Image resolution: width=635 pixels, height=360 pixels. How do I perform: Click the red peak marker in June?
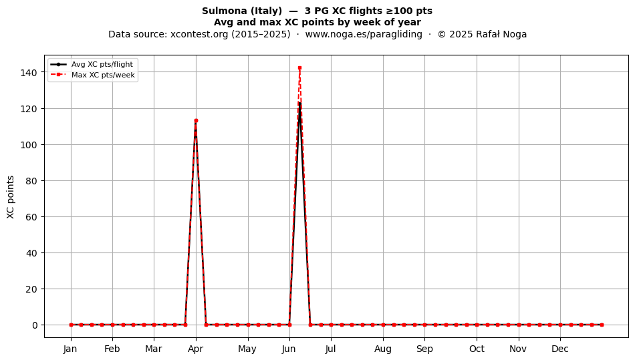coord(299,68)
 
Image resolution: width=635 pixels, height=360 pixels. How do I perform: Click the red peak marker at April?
coord(196,120)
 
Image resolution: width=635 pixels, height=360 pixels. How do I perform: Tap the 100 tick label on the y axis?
coord(29,145)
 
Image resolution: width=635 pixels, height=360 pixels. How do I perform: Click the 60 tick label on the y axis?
coord(31,217)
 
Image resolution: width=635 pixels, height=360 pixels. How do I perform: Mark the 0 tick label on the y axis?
coord(35,325)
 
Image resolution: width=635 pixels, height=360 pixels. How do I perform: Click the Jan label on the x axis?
coord(70,349)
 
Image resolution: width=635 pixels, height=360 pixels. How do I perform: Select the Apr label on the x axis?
coord(196,349)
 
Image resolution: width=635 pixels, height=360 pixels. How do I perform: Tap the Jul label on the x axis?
coord(331,349)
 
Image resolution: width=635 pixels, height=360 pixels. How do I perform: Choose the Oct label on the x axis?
coord(477,349)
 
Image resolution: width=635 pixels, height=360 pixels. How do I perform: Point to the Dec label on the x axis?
coord(560,349)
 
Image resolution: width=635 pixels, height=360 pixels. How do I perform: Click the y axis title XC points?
coord(11,198)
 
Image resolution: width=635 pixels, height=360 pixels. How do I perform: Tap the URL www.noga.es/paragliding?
coord(364,34)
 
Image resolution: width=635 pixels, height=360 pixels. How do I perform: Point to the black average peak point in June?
coord(299,104)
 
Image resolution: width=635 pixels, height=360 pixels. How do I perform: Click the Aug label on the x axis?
coord(383,349)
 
